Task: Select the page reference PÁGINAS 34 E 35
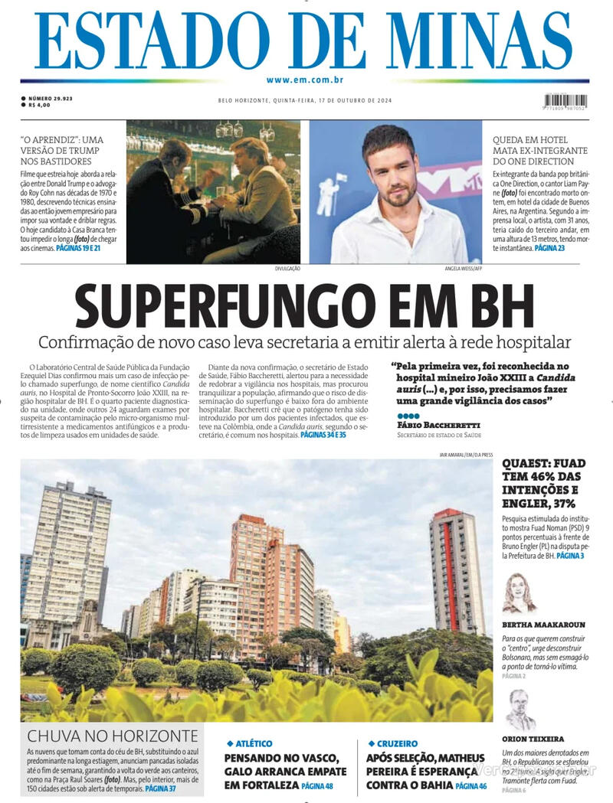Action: pos(323,435)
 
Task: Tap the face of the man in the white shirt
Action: pos(388,167)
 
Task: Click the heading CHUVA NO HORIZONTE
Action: pos(113,736)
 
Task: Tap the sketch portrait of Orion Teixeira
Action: pos(520,709)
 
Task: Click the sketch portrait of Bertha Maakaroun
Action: pos(520,593)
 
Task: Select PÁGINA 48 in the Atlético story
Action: pos(317,786)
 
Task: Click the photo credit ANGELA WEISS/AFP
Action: pos(462,269)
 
